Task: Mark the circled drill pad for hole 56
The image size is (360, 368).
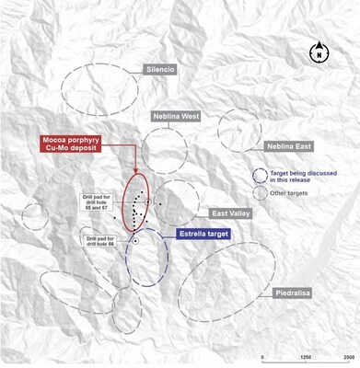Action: click(x=135, y=241)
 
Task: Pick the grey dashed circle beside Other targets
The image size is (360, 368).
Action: click(x=261, y=193)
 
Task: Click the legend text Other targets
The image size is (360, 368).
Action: click(x=290, y=193)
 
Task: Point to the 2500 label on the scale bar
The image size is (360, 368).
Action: click(x=350, y=357)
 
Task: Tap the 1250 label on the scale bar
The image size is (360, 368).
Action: click(x=307, y=357)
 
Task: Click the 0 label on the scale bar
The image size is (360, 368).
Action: click(x=263, y=357)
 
